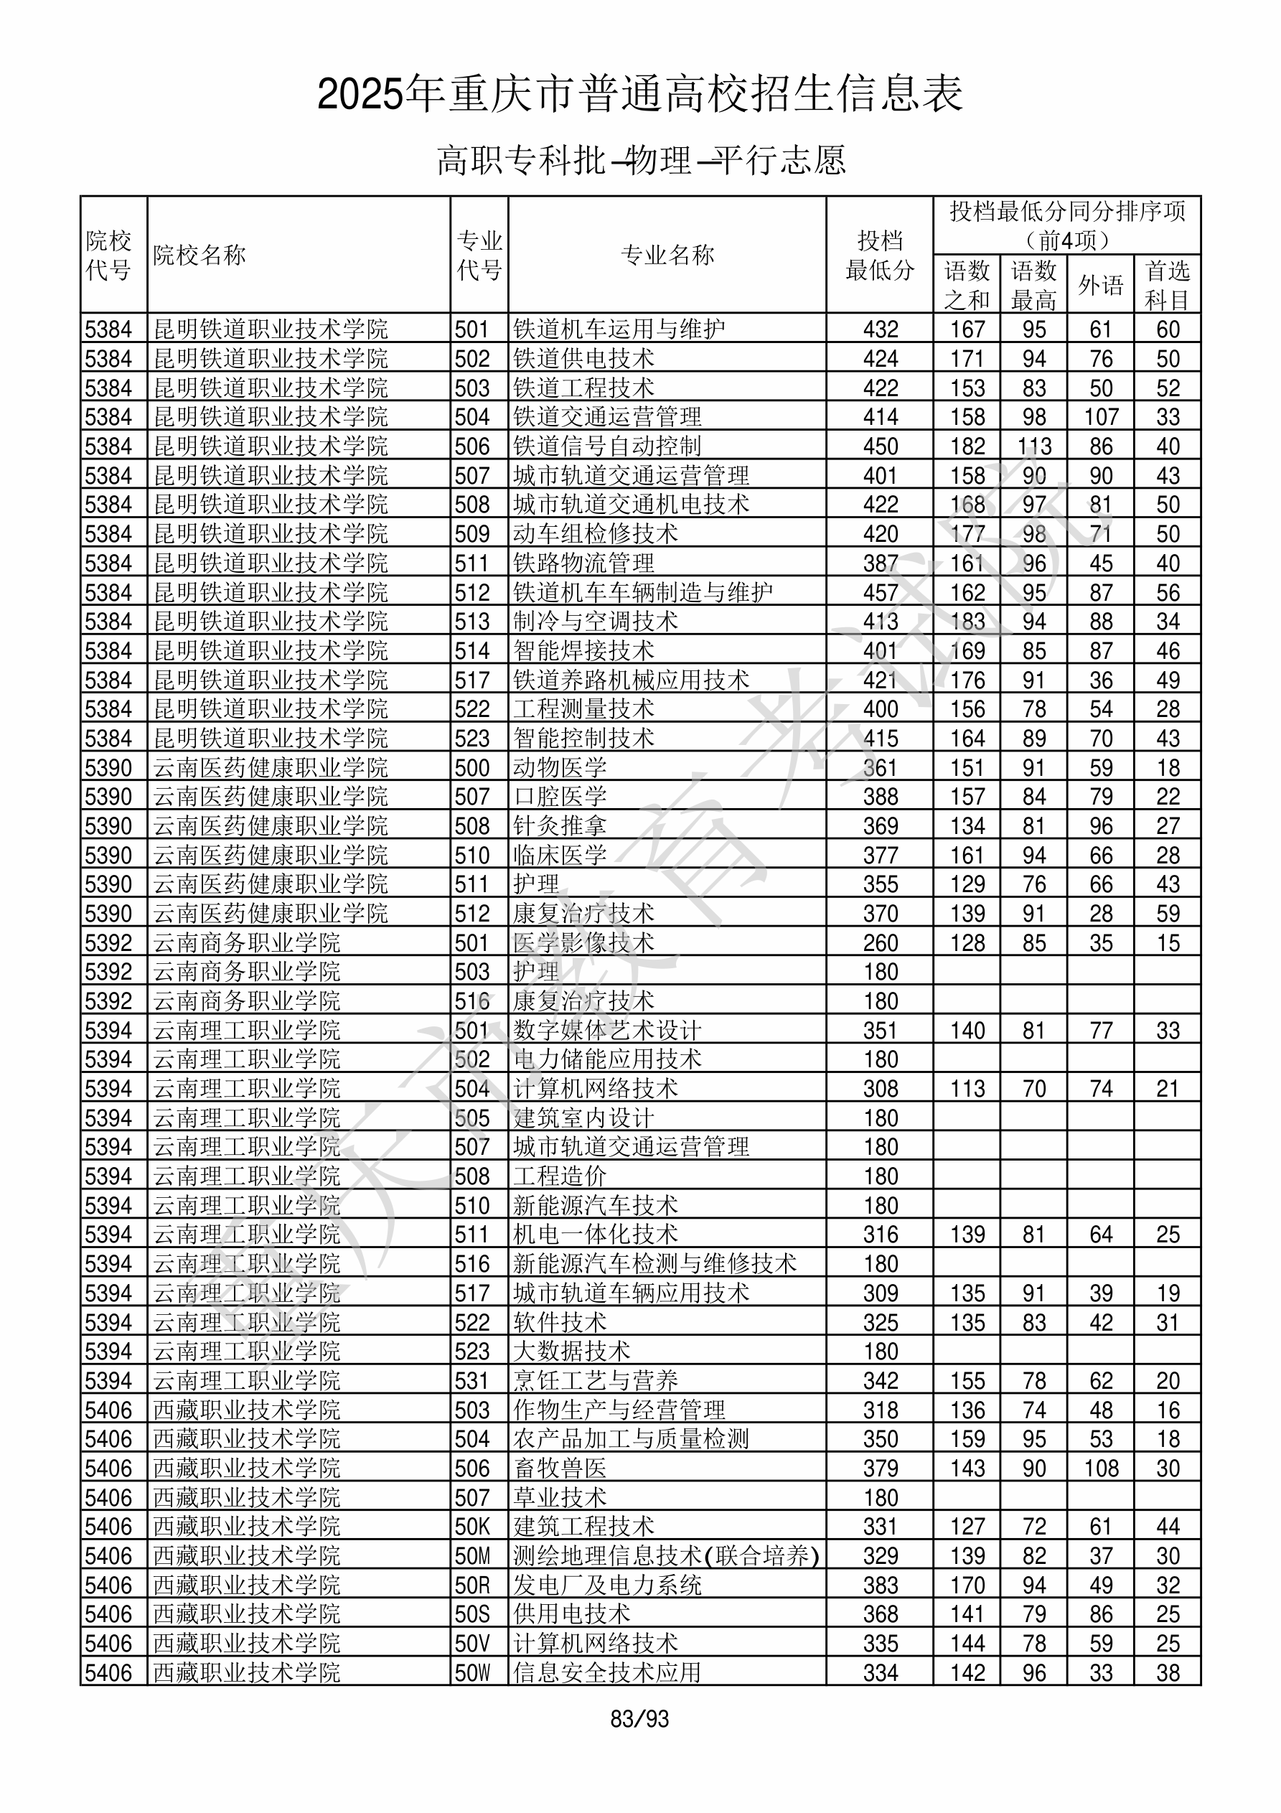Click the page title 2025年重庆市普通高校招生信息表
(639, 94)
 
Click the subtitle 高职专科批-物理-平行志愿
(640, 160)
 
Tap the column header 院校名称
(200, 255)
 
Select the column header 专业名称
(667, 255)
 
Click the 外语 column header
(1100, 285)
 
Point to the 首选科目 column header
(1168, 285)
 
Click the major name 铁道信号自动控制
(606, 446)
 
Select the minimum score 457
(880, 592)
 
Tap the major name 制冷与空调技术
(595, 622)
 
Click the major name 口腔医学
(559, 797)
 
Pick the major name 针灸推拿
(559, 826)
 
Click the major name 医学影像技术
(583, 943)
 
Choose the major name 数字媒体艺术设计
(606, 1031)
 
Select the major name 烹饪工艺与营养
(595, 1381)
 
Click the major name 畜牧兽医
(559, 1468)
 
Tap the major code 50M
(472, 1556)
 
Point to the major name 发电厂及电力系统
(606, 1585)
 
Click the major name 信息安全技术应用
(606, 1673)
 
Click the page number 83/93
(639, 1718)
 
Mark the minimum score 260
(880, 943)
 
